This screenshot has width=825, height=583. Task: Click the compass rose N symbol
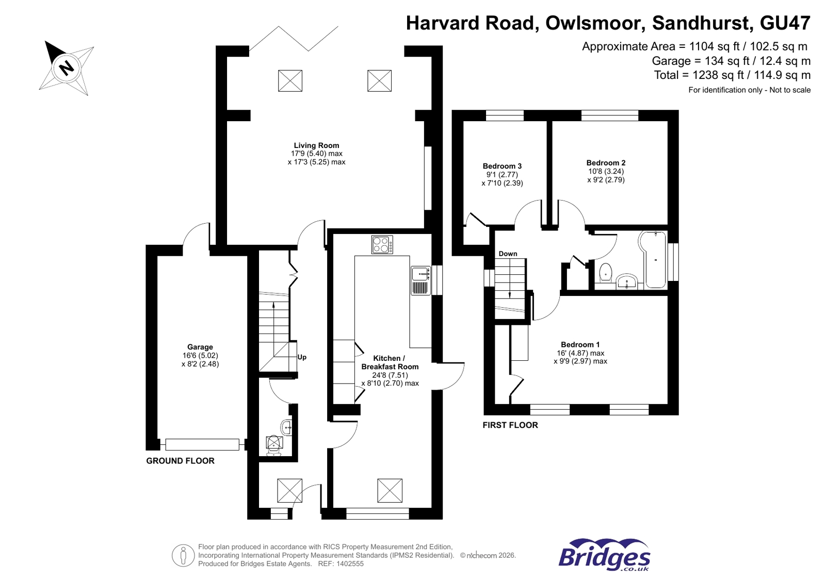[x=66, y=68]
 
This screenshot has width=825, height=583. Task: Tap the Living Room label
[x=316, y=145]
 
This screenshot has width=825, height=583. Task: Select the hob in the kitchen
[x=382, y=244]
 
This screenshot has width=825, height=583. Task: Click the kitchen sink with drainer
[x=420, y=281]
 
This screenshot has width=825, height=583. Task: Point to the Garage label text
[x=200, y=347]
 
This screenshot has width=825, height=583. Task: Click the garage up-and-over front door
[x=202, y=444]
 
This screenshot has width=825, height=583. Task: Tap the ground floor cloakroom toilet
[x=274, y=445]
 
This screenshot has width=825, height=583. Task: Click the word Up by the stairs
[x=302, y=357]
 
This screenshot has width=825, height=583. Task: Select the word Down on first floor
[x=508, y=254]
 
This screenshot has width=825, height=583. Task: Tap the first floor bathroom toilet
[x=606, y=273]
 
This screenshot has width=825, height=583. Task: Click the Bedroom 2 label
[x=606, y=163]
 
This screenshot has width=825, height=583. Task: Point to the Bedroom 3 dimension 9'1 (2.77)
[x=502, y=175]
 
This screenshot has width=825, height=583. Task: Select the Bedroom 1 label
[x=580, y=344]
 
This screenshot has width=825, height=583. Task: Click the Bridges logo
[x=604, y=556]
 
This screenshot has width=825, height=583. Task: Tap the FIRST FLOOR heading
[x=510, y=425]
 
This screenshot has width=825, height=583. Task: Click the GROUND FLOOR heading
[x=180, y=461]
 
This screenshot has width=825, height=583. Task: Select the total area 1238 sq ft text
[x=732, y=75]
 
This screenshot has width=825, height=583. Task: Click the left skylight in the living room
[x=290, y=81]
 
